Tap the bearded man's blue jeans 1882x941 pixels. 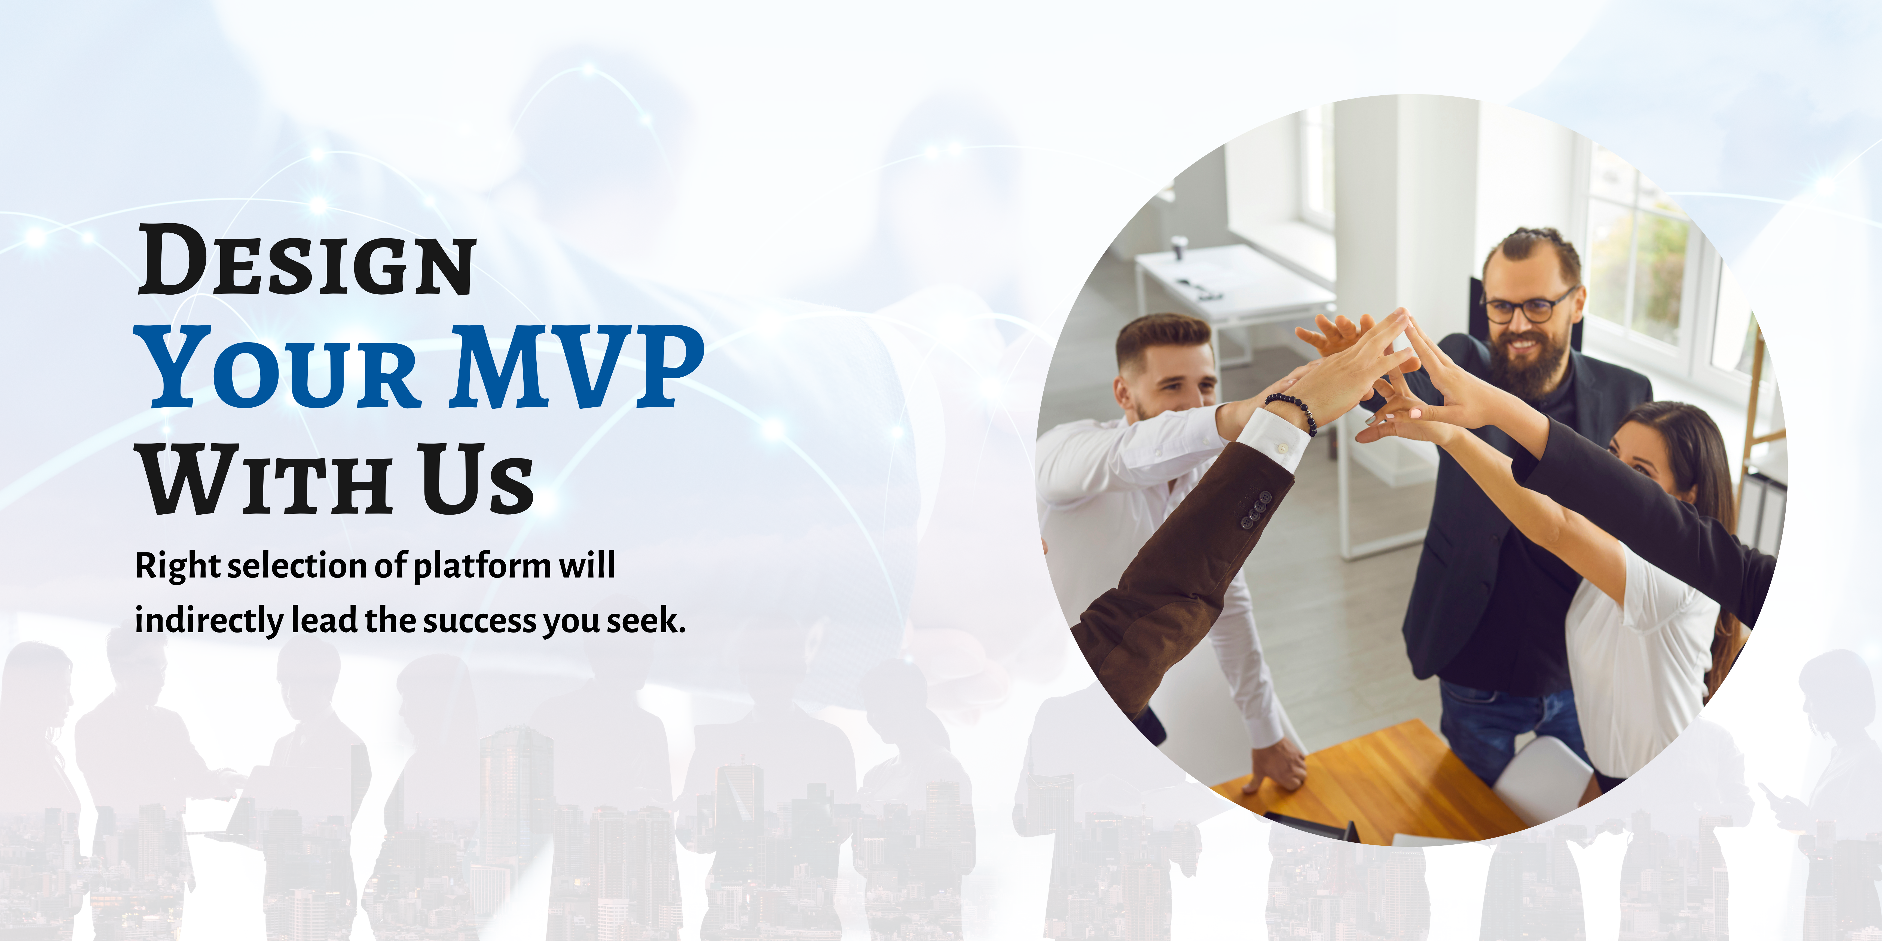click(x=1512, y=723)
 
